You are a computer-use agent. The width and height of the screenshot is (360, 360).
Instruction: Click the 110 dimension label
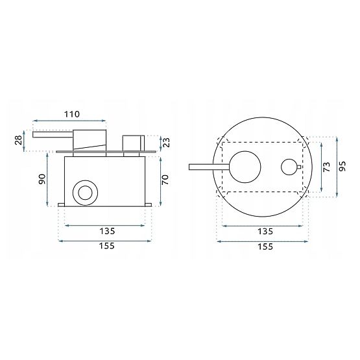[72, 114]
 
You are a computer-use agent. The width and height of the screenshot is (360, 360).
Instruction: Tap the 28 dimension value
[19, 139]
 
